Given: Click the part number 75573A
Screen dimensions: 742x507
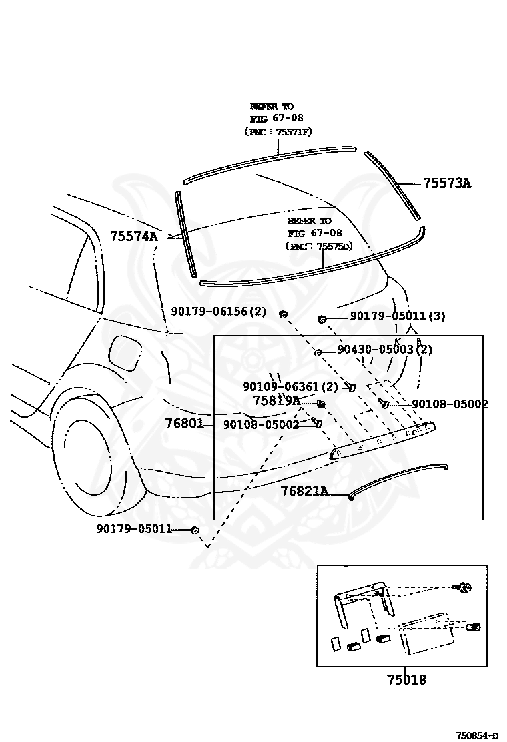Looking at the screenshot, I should (x=446, y=183).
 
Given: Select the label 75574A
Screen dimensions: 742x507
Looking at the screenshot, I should (x=133, y=236).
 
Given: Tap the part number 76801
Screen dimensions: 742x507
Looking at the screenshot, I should (x=185, y=424).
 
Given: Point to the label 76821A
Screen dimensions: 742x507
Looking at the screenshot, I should (x=304, y=491).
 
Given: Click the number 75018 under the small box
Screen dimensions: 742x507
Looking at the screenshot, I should (x=406, y=680).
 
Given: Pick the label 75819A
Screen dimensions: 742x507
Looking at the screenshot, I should (x=276, y=400).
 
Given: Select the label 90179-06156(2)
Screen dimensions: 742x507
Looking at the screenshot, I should (x=219, y=312).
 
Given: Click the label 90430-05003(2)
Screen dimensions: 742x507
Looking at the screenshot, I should (x=384, y=349).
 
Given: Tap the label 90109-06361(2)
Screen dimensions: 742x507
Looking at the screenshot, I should (x=290, y=387).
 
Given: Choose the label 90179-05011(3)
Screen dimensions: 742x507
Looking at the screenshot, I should (x=397, y=316).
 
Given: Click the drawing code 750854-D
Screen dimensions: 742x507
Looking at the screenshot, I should (x=476, y=735).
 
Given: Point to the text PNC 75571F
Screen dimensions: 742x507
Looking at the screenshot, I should (x=278, y=132).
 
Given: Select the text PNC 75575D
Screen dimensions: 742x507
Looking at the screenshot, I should (x=318, y=246).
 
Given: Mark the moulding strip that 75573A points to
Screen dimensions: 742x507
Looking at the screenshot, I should (x=392, y=184).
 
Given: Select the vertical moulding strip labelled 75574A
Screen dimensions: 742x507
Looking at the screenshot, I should (x=185, y=234).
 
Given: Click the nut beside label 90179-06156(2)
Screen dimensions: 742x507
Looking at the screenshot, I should (x=284, y=313).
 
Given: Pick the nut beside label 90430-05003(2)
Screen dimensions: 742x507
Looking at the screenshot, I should (x=319, y=352).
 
